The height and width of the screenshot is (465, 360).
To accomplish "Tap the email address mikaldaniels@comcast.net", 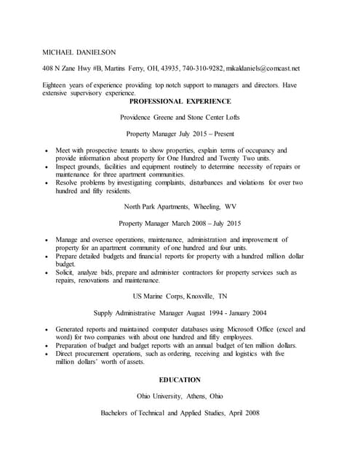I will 263,68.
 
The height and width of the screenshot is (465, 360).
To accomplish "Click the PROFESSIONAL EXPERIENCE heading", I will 180,101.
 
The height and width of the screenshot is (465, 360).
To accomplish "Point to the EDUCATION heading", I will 180,380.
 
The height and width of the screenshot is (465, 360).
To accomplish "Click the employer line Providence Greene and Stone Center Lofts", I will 180,117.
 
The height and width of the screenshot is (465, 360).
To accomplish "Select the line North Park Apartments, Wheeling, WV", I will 180,206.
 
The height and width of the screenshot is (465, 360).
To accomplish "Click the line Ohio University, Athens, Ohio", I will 180,396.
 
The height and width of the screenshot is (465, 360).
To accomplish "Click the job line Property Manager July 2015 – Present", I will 180,134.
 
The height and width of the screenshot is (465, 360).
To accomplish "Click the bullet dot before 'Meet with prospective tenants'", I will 47,150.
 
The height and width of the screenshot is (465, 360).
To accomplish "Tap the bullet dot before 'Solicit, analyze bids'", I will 47,273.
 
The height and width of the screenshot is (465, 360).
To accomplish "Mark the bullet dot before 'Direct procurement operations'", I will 47,355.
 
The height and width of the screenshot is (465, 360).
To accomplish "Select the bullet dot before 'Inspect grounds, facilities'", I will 47,167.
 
